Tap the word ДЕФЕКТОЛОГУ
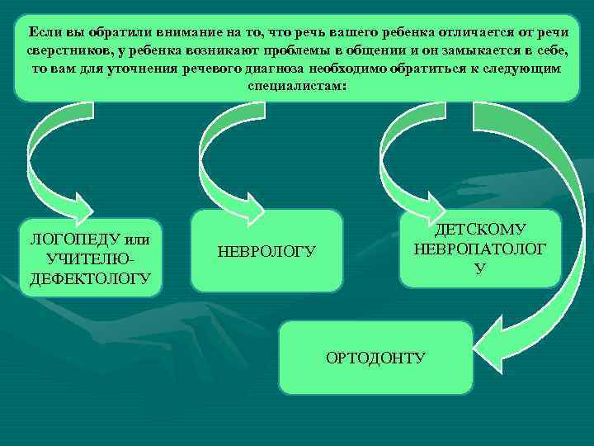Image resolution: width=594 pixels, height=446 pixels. point(90,278)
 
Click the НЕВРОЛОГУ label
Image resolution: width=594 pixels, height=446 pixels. point(266,251)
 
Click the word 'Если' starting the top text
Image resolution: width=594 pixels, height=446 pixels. point(42,31)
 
